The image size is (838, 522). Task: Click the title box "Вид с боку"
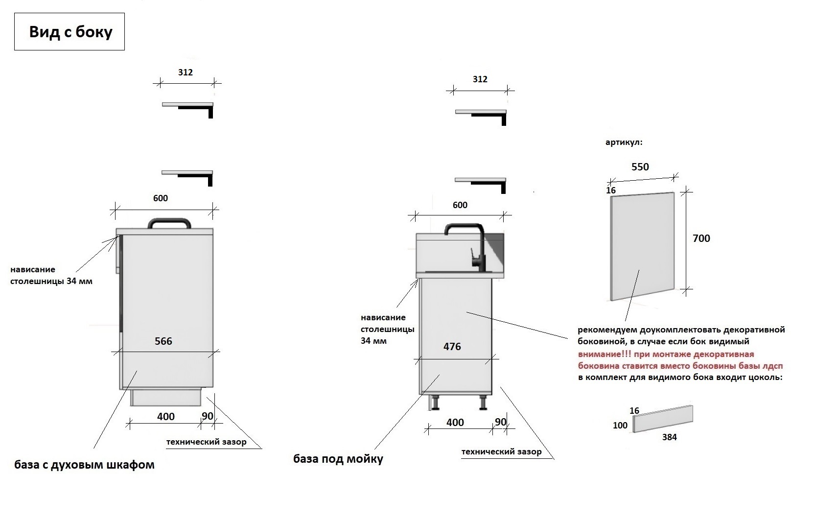pyautogui.click(x=70, y=32)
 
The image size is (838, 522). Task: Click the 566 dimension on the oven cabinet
pyautogui.click(x=163, y=341)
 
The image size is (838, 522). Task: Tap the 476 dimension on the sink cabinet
pyautogui.click(x=452, y=347)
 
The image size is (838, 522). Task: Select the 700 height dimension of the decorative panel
pyautogui.click(x=701, y=238)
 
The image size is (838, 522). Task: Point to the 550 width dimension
pyautogui.click(x=640, y=167)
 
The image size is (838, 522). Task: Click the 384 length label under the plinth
pyautogui.click(x=669, y=437)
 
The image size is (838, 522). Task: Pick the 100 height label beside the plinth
pyautogui.click(x=620, y=426)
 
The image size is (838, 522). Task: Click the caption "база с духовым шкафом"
pyautogui.click(x=84, y=465)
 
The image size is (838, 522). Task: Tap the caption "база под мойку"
pyautogui.click(x=338, y=459)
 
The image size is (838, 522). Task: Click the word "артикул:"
pyautogui.click(x=624, y=142)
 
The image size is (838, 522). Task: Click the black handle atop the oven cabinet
pyautogui.click(x=169, y=223)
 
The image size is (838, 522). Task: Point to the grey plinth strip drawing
pyautogui.click(x=663, y=419)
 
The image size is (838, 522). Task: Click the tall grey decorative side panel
pyautogui.click(x=642, y=246)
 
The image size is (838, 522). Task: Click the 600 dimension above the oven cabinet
pyautogui.click(x=161, y=198)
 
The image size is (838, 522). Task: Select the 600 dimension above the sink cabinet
pyautogui.click(x=460, y=205)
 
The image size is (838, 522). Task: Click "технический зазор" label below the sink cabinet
pyautogui.click(x=501, y=452)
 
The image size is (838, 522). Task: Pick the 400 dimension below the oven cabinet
pyautogui.click(x=166, y=417)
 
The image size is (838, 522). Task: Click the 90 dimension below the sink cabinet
pyautogui.click(x=501, y=422)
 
